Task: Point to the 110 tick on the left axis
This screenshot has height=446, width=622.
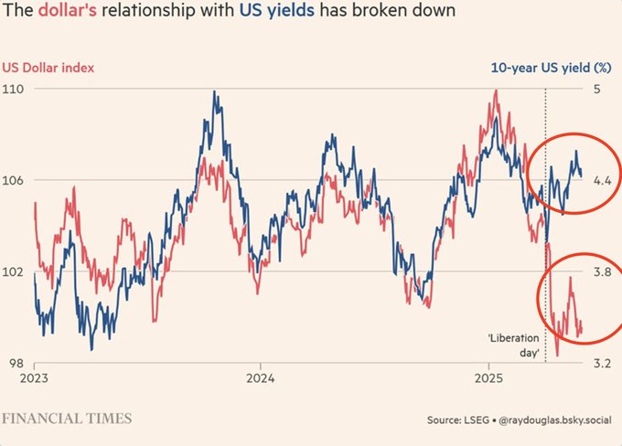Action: pos(16,89)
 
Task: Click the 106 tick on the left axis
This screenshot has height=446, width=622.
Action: pos(16,180)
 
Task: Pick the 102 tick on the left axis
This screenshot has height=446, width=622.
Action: pos(16,271)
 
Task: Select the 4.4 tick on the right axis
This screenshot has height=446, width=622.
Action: pos(601,180)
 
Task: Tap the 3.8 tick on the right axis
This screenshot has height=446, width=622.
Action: pos(601,271)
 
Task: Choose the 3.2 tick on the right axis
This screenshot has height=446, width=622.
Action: pos(601,363)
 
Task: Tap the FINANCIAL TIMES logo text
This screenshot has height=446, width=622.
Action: pos(66,419)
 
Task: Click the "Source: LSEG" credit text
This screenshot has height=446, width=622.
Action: pos(459,420)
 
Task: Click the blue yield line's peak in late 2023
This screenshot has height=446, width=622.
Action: pos(214,91)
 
